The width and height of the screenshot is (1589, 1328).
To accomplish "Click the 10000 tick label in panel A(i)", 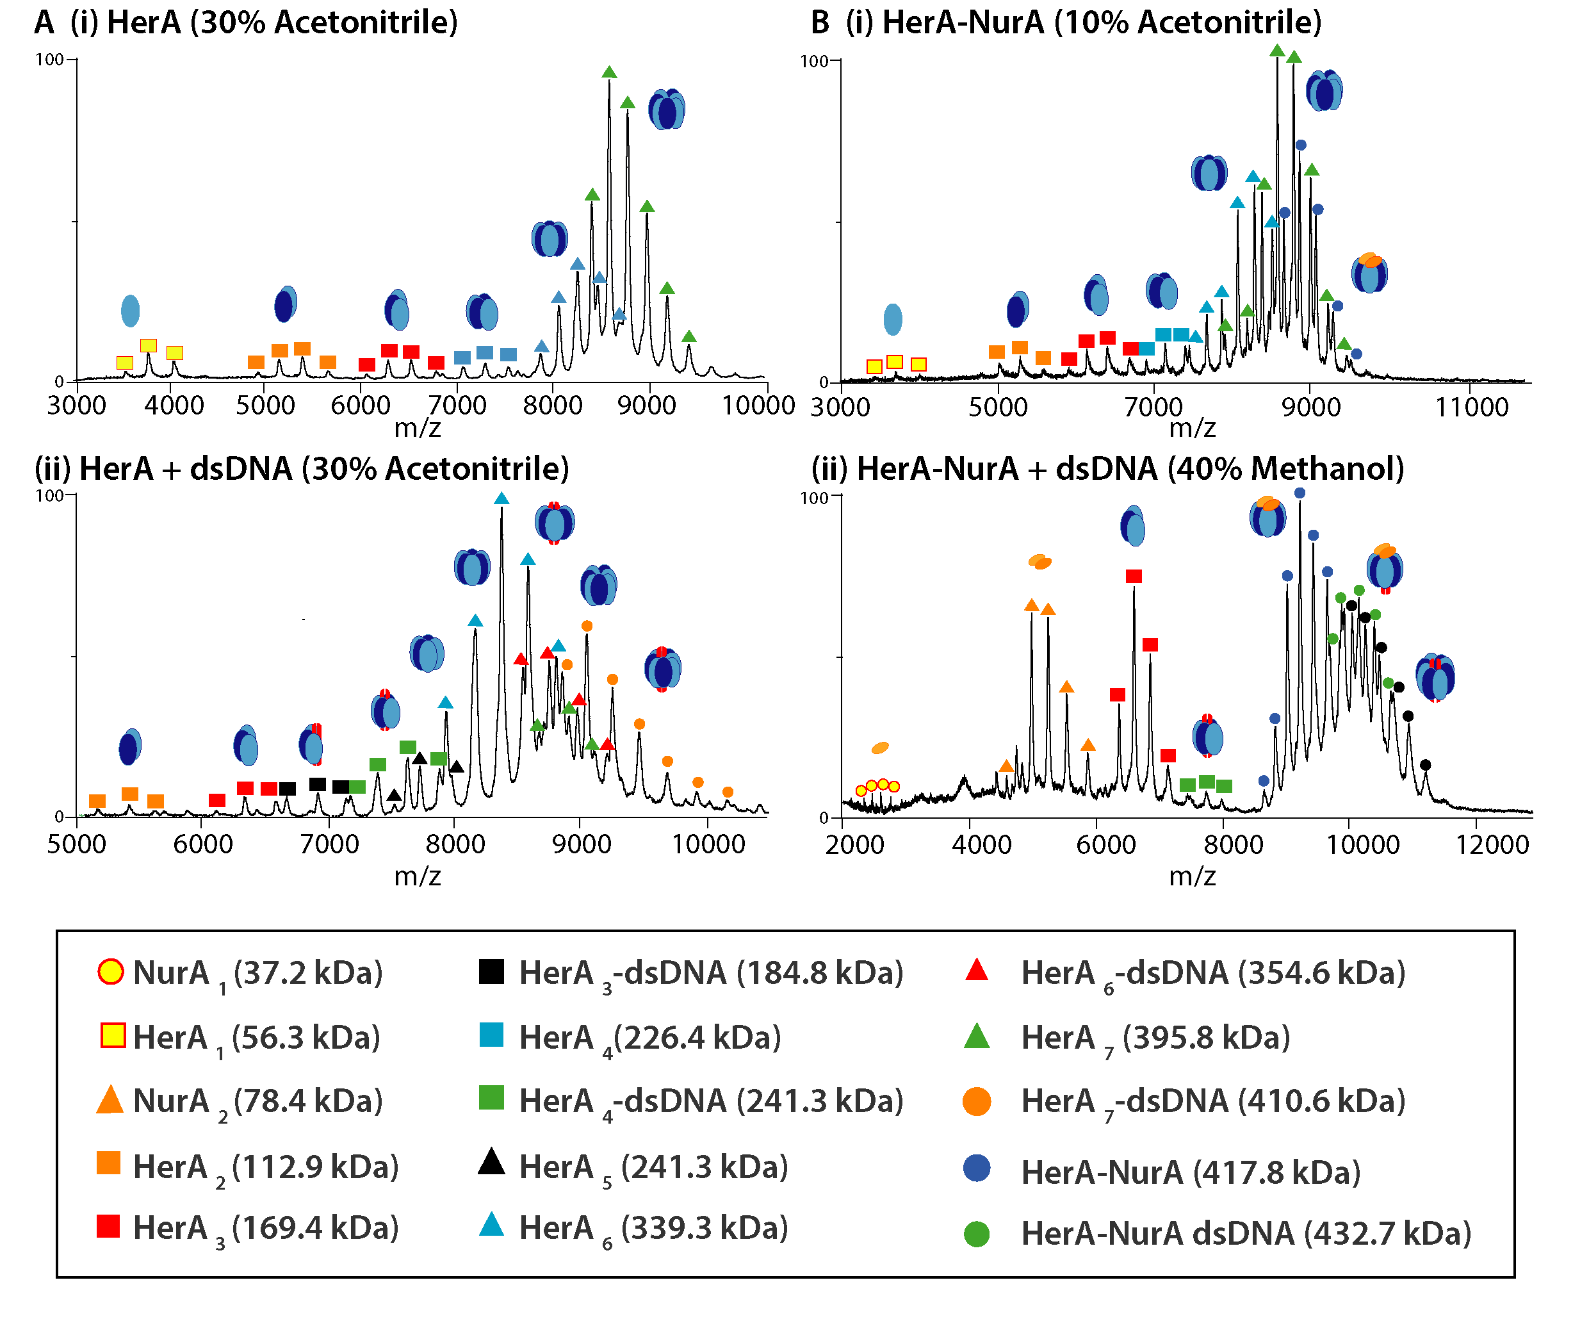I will (758, 406).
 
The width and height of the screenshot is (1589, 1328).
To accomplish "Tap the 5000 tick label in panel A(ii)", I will (76, 843).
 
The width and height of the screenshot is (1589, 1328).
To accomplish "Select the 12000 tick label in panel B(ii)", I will (1492, 844).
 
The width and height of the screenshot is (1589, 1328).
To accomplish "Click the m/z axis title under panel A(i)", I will (417, 429).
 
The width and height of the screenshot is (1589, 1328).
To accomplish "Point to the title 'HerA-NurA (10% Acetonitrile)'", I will (1102, 22).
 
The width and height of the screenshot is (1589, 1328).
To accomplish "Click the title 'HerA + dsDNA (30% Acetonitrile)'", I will (324, 469).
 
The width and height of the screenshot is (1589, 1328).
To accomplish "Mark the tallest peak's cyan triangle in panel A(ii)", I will (501, 498).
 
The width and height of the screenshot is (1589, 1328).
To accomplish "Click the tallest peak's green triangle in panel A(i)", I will (609, 72).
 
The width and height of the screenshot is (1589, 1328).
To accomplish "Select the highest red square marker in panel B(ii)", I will (1133, 577).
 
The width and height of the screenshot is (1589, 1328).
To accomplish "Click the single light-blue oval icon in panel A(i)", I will (130, 311).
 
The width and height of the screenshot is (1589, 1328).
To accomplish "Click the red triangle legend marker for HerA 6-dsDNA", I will (976, 970).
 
